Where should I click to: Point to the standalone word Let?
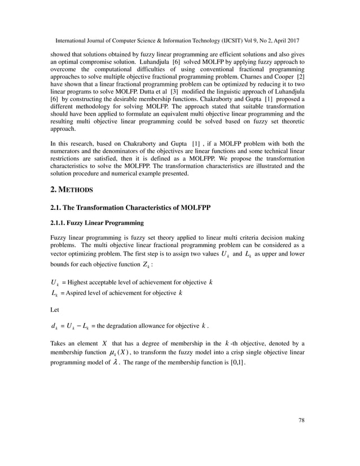(55, 309)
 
